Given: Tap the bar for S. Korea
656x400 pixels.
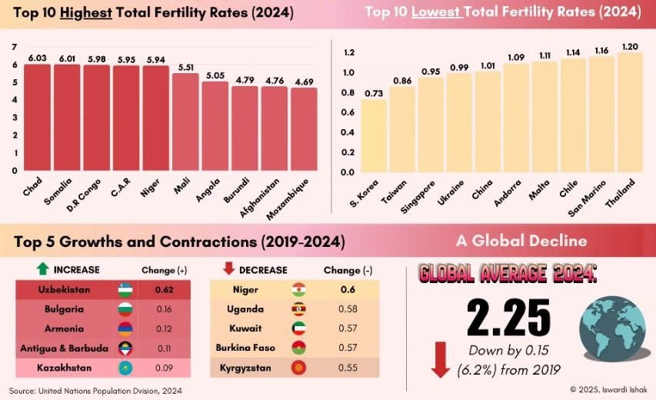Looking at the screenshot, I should click(x=374, y=135).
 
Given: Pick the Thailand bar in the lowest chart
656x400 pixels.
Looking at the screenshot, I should click(x=630, y=112).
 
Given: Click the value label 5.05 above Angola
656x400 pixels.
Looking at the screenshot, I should click(x=215, y=75).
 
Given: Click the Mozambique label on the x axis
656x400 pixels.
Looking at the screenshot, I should click(x=291, y=197).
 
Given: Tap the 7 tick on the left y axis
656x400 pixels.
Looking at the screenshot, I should click(x=15, y=48).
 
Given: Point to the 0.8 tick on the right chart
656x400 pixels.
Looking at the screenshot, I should click(x=348, y=92).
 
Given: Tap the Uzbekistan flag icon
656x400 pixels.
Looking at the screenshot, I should click(x=125, y=290).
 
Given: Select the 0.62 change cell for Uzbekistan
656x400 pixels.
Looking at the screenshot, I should click(x=163, y=290).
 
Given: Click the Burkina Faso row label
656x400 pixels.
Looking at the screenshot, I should click(x=248, y=348).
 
